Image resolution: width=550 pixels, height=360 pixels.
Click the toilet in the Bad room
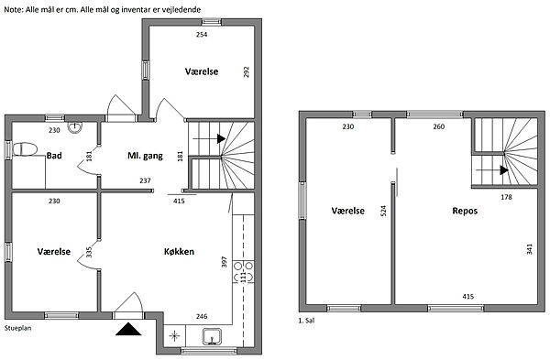coord(25,149)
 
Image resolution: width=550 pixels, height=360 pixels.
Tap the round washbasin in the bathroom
coord(75,127)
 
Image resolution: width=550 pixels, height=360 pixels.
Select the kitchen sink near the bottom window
coord(212,336)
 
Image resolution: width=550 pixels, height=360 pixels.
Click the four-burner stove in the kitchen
coord(243,272)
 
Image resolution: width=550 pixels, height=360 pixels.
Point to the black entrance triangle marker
coord(128,329)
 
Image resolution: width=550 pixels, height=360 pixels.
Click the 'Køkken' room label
coord(179,251)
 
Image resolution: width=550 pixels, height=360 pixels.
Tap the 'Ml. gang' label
coord(145,156)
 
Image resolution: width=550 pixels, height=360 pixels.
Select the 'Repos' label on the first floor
coord(465,211)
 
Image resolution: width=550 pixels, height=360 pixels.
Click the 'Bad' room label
coord(54,156)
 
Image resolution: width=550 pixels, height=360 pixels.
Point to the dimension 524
coord(383,211)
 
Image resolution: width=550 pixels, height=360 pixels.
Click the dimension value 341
coord(529,249)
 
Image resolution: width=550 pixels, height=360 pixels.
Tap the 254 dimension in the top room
coord(202,35)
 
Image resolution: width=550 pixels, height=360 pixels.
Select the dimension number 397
coord(225,262)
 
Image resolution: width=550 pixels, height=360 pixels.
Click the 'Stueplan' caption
coord(18,328)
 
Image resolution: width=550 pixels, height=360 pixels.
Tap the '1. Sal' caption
coord(306,321)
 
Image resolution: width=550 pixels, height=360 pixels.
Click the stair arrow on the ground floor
coord(209,139)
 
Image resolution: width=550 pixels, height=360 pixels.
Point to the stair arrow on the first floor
coord(492,170)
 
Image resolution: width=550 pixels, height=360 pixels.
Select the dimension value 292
coord(247,71)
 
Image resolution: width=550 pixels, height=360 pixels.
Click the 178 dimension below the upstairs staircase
coord(506,197)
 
